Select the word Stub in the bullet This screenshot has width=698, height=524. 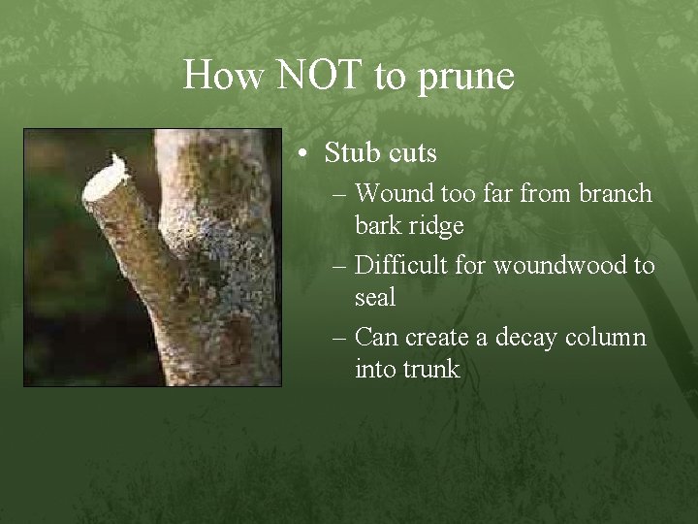click(x=352, y=153)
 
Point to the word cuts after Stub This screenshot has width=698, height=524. click(x=411, y=154)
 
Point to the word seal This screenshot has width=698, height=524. click(x=376, y=297)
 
